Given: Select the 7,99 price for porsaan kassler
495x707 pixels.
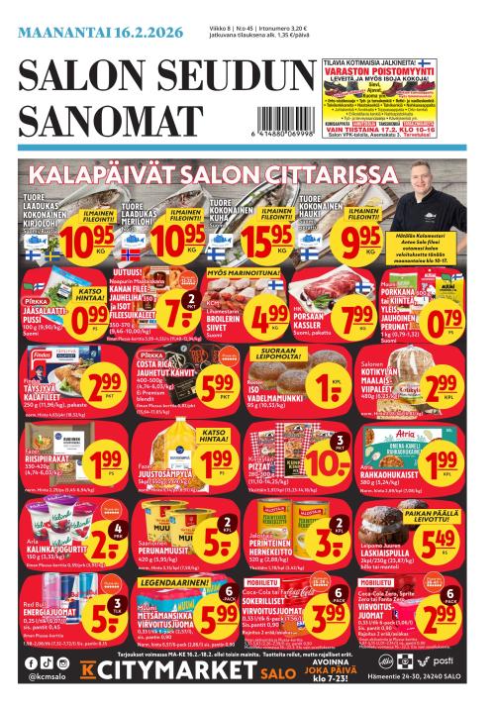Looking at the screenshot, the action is tap(352, 318).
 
